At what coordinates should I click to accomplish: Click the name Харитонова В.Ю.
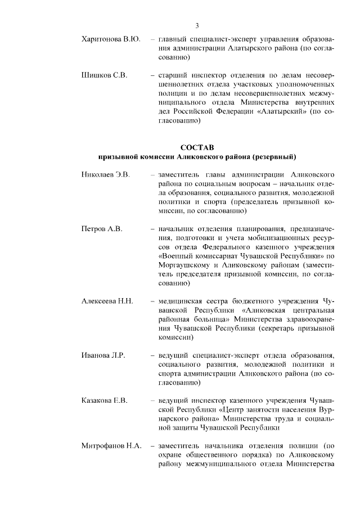click(110, 39)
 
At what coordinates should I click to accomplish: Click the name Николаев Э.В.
click(106, 175)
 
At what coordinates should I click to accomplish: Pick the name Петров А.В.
click(102, 229)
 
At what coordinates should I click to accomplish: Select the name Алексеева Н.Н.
click(107, 301)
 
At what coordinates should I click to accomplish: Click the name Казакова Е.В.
click(105, 400)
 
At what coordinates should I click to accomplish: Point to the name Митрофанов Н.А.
click(111, 445)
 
